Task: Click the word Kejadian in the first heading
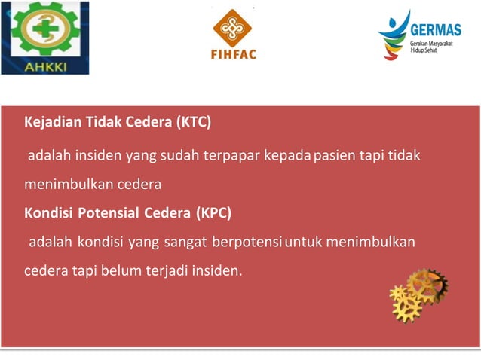pyautogui.click(x=51, y=121)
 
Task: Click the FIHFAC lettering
pyautogui.click(x=233, y=54)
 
